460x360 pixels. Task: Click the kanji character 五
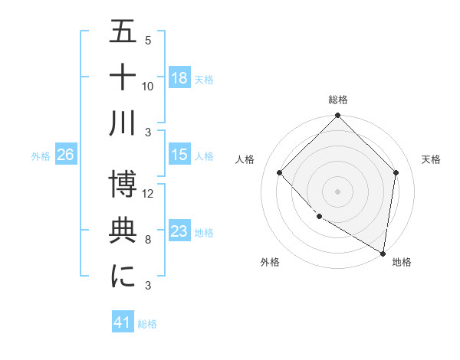[123, 33]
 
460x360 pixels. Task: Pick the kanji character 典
[123, 231]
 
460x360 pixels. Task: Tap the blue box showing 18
[179, 78]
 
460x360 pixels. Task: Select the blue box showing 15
[179, 155]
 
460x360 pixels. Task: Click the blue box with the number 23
[179, 231]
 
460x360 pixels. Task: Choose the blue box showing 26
[65, 155]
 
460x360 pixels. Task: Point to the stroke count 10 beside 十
[149, 86]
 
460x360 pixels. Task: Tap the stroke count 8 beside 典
[148, 240]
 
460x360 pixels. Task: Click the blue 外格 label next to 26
[41, 155]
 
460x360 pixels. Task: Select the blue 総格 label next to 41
[148, 323]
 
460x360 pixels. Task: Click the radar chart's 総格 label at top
[338, 100]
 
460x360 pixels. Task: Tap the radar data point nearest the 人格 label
[280, 172]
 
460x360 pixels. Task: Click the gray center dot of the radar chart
[338, 191]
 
